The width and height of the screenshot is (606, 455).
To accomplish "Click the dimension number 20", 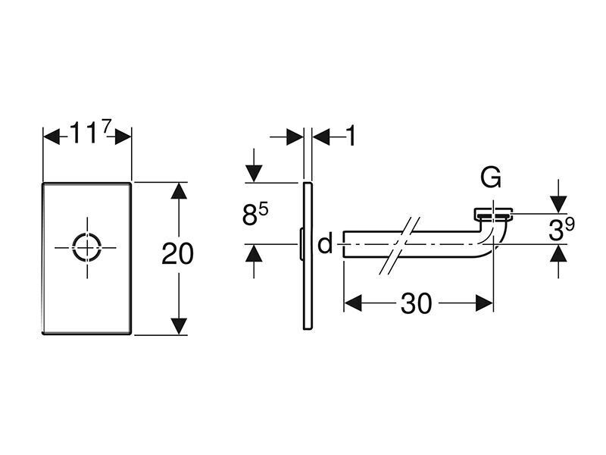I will [177, 254].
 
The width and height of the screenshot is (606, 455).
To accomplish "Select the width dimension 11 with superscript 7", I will [91, 136].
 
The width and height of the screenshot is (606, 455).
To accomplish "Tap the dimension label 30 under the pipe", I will [416, 303].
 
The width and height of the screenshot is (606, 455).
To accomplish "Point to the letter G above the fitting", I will [491, 179].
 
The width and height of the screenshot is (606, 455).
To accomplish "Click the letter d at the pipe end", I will [325, 244].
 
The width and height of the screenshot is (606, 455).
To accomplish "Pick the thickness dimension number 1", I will [350, 136].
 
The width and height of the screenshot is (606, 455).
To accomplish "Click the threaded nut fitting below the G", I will [494, 213].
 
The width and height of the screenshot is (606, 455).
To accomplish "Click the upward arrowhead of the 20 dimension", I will [178, 191].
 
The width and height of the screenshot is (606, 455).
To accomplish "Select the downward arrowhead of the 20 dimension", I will [178, 325].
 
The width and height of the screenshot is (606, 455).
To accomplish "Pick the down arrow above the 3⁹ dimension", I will [558, 202].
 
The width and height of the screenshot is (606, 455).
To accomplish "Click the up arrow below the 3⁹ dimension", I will [558, 256].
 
